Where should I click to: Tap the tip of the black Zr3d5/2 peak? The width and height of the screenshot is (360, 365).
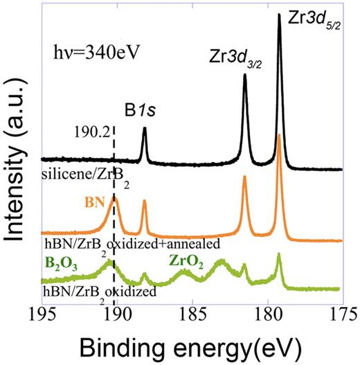279,14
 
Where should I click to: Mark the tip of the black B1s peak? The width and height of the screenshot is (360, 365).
144,128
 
